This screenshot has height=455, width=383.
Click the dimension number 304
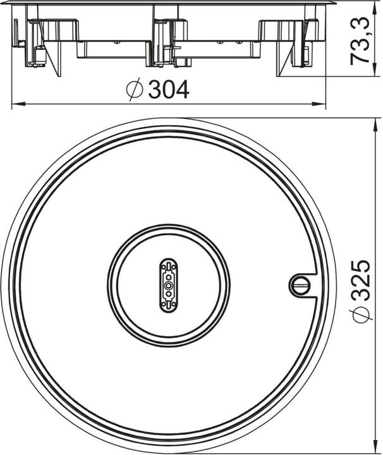point(169,89)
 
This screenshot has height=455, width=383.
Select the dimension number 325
point(361,280)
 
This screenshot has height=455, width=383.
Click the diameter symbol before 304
point(135,89)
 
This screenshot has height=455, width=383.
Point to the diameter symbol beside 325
point(361,315)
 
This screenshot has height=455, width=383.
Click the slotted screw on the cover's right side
point(300,284)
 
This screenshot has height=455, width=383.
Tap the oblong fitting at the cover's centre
point(169,286)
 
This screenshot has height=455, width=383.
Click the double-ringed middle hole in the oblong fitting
point(169,286)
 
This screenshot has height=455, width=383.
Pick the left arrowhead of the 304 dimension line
point(18,103)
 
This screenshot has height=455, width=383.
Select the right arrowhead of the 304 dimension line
point(319,103)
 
